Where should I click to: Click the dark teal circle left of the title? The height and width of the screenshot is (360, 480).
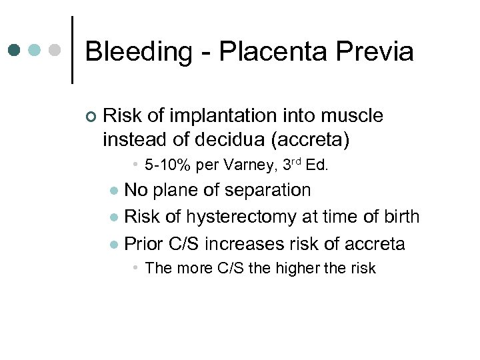coord(15,50)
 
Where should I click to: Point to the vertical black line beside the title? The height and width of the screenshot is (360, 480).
coord(71,50)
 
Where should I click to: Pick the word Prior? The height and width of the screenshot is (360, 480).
coord(145,243)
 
